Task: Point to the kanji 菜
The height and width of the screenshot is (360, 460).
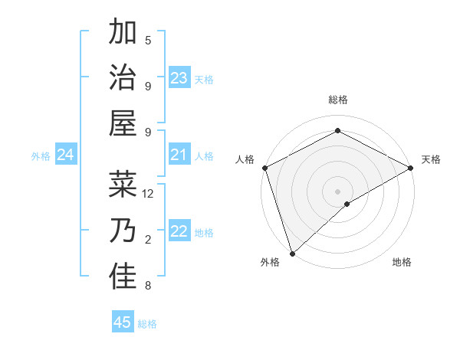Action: click(x=123, y=184)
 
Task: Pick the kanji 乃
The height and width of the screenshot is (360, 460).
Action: click(x=123, y=231)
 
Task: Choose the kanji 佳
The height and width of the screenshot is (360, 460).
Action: click(x=123, y=277)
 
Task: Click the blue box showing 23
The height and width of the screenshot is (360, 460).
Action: click(x=179, y=77)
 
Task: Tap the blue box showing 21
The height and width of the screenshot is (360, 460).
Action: click(x=179, y=155)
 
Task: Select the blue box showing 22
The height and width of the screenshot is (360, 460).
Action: click(x=179, y=232)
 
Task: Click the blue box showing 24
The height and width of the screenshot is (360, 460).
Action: click(x=65, y=155)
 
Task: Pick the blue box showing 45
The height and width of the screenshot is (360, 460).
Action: click(x=123, y=322)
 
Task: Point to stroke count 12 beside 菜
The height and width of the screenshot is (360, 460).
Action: click(x=149, y=194)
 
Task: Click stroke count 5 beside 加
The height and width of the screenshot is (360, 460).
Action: click(x=148, y=41)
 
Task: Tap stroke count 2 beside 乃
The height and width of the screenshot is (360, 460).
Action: click(x=148, y=240)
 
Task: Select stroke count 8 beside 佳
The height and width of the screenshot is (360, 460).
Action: click(x=148, y=286)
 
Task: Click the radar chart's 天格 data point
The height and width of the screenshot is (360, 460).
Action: click(x=411, y=168)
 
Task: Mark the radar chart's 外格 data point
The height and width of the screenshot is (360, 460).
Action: click(x=292, y=253)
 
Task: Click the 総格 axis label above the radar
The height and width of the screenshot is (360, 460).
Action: click(x=337, y=100)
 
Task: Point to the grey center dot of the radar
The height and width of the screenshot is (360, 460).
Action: click(x=337, y=191)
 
